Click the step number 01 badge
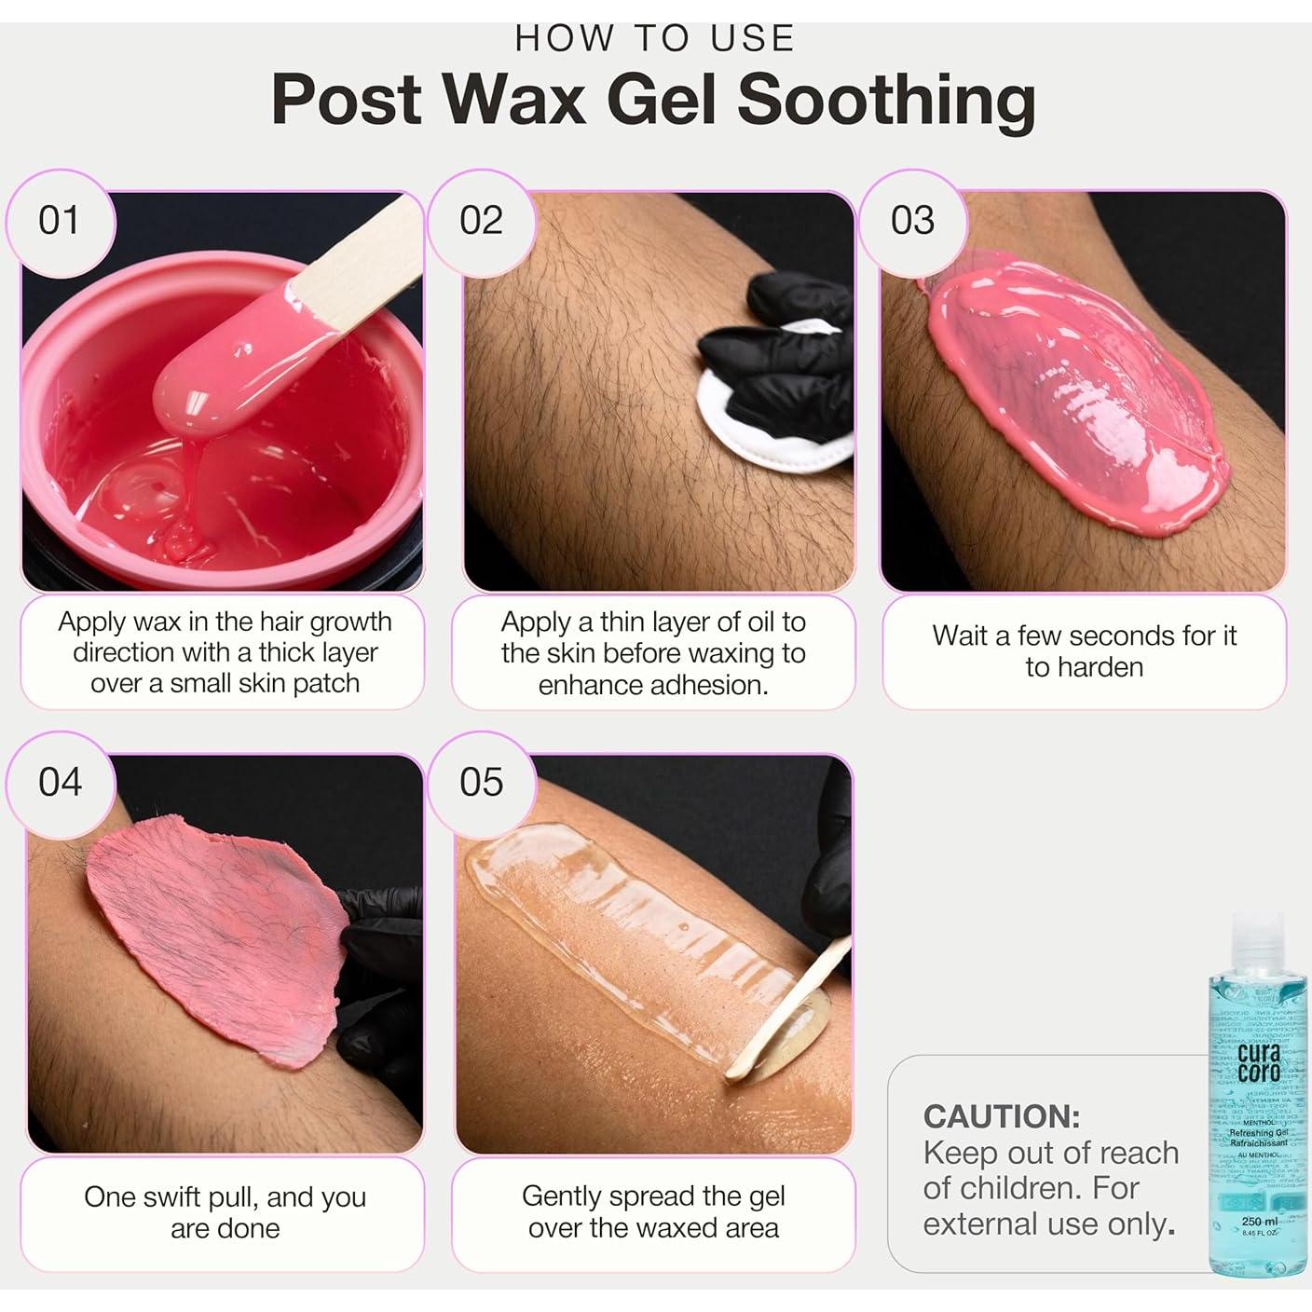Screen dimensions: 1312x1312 coord(59,221)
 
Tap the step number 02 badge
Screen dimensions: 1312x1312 coord(481,221)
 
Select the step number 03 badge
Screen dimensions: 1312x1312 coord(911,221)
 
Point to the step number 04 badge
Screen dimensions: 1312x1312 coord(60,782)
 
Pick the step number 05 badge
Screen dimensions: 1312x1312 coord(481,782)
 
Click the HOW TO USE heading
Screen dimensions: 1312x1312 coord(655,38)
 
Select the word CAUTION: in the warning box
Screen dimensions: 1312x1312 coord(1001,1116)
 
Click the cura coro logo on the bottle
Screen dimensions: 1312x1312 coord(1259,1062)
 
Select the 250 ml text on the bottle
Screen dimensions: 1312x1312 coord(1258,1221)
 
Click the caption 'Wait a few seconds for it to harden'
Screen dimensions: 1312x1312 coord(1084,651)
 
